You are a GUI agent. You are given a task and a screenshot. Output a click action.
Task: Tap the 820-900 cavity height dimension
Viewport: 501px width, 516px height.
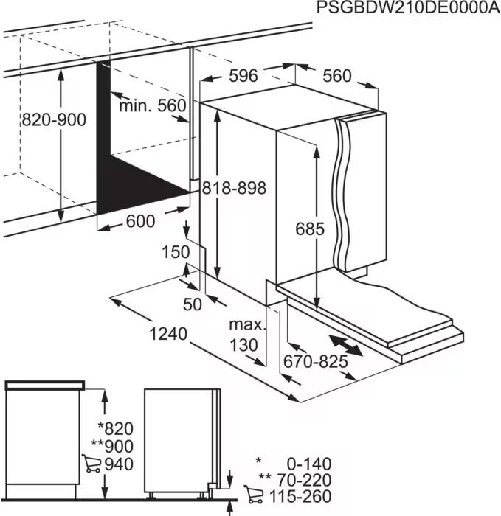[54, 120]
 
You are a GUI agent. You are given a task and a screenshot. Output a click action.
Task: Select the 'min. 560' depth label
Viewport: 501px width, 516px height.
[153, 105]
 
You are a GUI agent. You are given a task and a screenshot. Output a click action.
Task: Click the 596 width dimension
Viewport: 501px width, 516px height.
[243, 75]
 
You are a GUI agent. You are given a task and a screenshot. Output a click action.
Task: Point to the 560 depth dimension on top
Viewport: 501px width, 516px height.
[336, 75]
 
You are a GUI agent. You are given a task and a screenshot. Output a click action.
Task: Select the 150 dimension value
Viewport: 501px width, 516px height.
[176, 252]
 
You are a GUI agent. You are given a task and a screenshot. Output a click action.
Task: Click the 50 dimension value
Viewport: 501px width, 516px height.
[193, 305]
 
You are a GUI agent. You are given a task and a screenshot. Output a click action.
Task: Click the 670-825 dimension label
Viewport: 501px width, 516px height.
[315, 362]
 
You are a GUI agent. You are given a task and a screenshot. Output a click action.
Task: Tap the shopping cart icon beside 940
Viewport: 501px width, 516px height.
[92, 464]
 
